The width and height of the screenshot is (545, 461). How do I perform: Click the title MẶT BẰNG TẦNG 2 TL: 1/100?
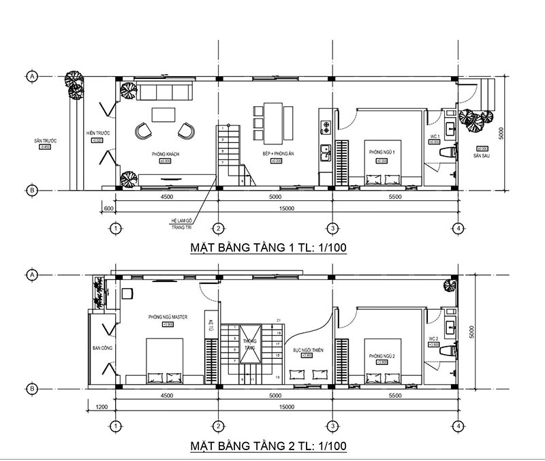pos(268,446)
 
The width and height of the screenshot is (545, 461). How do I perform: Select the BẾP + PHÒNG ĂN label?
pos(276,155)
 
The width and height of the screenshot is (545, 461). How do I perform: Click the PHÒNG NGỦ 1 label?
pos(381,152)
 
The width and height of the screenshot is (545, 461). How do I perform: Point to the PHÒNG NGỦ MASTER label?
pos(167,317)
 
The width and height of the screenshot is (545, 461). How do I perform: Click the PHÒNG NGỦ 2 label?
pos(381,356)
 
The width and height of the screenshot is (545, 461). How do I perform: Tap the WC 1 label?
pos(434,138)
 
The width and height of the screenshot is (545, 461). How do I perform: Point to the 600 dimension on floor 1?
pos(107,208)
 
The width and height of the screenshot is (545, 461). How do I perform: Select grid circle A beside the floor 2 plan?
pos(31,274)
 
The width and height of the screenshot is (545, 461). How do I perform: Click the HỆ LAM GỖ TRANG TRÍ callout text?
pos(181,223)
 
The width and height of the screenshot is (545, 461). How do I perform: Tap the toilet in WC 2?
pos(448,350)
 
